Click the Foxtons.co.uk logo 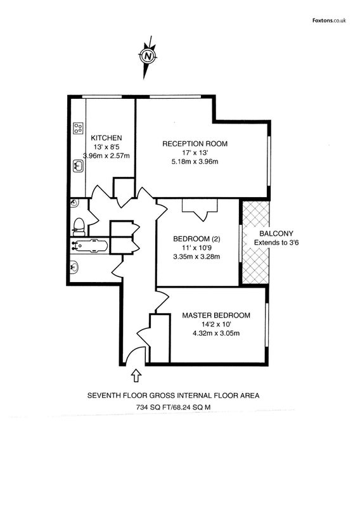[x=329, y=20]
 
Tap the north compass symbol [x=148, y=56]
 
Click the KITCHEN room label [x=106, y=138]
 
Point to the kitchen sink [x=78, y=166]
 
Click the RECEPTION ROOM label [x=195, y=144]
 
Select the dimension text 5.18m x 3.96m [x=195, y=162]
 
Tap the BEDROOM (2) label [x=196, y=239]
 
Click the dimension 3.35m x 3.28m [x=196, y=257]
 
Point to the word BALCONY [x=276, y=233]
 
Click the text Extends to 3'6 [x=276, y=243]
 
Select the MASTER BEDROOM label [x=216, y=315]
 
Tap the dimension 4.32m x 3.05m [x=216, y=333]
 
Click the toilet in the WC [x=79, y=227]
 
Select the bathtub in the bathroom [x=89, y=245]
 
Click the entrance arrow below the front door [x=136, y=375]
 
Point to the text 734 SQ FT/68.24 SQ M [x=173, y=407]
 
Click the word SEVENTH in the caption [x=102, y=395]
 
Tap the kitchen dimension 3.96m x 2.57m [x=106, y=156]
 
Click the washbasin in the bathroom [x=75, y=267]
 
